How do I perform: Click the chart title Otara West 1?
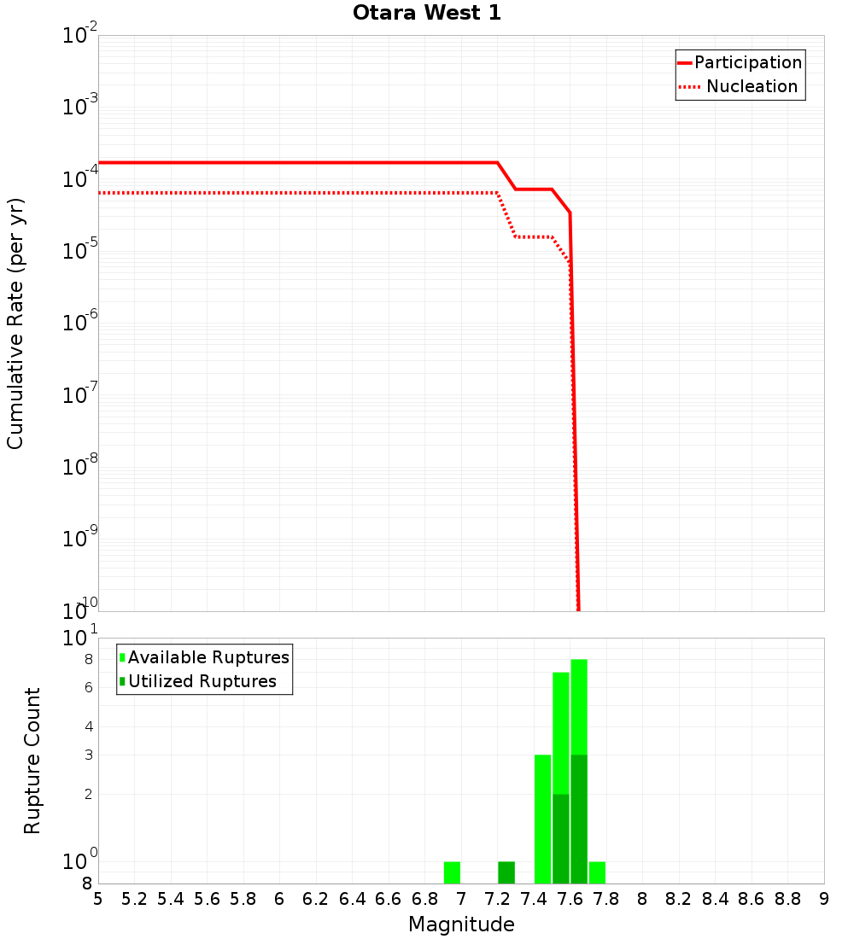(427, 13)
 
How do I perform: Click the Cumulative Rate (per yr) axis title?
(15, 323)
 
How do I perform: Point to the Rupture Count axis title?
(32, 760)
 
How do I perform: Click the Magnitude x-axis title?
(461, 924)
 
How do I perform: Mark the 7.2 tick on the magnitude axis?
(497, 899)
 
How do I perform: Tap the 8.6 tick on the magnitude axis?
(752, 899)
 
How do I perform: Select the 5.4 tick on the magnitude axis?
(171, 899)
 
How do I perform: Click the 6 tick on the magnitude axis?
(279, 899)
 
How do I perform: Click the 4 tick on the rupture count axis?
(87, 727)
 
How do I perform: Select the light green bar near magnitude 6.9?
(452, 872)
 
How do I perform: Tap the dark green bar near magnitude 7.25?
(506, 872)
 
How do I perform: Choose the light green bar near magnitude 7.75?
(597, 872)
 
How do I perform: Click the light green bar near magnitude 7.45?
(542, 819)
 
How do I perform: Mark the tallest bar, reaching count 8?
(579, 709)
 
